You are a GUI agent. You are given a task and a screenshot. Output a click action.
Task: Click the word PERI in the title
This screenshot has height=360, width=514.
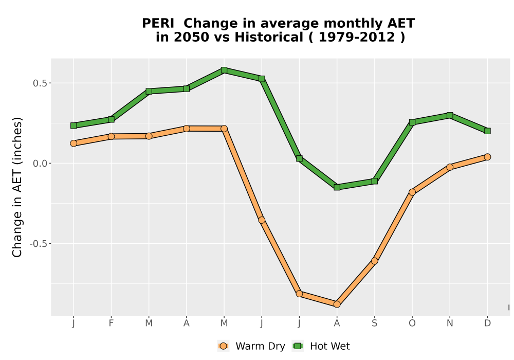pyautogui.click(x=158, y=23)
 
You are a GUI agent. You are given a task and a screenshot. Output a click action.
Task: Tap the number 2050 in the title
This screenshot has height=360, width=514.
pyautogui.click(x=191, y=37)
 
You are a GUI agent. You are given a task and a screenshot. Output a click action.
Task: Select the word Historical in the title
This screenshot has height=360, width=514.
pyautogui.click(x=269, y=37)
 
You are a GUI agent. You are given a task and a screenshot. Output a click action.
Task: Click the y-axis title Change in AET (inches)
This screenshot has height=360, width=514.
pyautogui.click(x=17, y=187)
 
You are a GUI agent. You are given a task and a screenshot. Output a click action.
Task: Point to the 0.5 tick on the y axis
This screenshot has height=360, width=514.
pyautogui.click(x=40, y=83)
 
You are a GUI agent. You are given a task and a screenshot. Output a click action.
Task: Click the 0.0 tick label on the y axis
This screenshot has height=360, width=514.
pyautogui.click(x=40, y=163)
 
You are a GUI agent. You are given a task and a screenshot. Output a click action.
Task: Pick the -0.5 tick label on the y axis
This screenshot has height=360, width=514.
pyautogui.click(x=39, y=244)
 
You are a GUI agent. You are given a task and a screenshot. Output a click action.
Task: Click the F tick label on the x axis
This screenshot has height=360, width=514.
pyautogui.click(x=111, y=323)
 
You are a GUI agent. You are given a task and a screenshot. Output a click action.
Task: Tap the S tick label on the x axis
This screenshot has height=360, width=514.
pyautogui.click(x=374, y=323)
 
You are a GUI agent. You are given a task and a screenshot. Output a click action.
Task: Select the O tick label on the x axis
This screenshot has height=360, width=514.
pyautogui.click(x=412, y=323)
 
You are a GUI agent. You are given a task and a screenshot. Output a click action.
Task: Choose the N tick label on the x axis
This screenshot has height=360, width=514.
pyautogui.click(x=450, y=323)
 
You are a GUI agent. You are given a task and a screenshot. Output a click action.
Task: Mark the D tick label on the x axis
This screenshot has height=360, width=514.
pyautogui.click(x=487, y=323)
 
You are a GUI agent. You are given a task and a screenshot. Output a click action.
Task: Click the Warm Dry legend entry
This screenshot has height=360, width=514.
pyautogui.click(x=251, y=346)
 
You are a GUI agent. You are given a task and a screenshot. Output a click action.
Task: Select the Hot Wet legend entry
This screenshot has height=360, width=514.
pyautogui.click(x=321, y=346)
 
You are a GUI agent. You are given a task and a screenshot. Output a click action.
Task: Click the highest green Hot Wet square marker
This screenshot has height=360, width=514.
pyautogui.click(x=224, y=70)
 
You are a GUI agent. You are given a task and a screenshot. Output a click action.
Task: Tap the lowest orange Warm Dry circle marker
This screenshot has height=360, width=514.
pyautogui.click(x=337, y=304)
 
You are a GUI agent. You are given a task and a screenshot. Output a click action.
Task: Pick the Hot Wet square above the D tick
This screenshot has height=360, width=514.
pyautogui.click(x=487, y=131)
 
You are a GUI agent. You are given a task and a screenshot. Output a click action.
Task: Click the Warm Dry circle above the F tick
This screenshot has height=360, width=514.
pyautogui.click(x=111, y=136)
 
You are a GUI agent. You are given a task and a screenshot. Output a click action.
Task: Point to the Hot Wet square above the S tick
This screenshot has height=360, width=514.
pyautogui.click(x=374, y=181)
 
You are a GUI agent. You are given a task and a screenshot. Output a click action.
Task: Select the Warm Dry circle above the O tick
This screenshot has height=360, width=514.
pyautogui.click(x=412, y=192)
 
